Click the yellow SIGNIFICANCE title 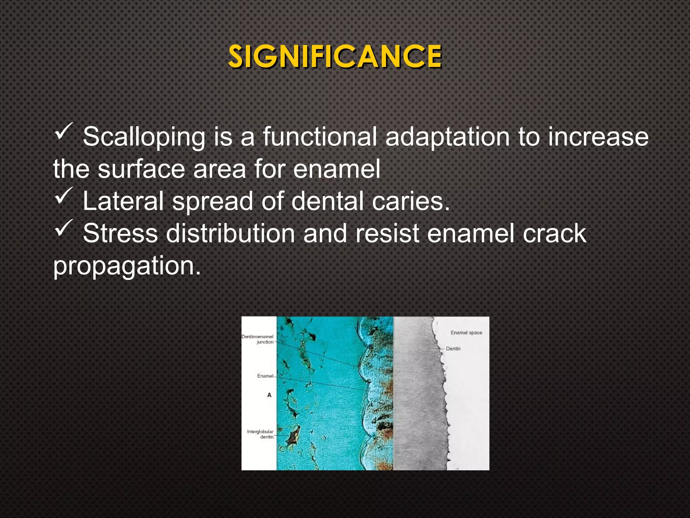pyautogui.click(x=335, y=57)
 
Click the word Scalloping pyautogui.click(x=144, y=137)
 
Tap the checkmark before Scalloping pyautogui.click(x=63, y=132)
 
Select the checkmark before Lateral pyautogui.click(x=63, y=196)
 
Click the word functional pyautogui.click(x=320, y=137)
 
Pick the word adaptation pyautogui.click(x=447, y=137)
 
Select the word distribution pyautogui.click(x=230, y=233)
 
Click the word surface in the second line pyautogui.click(x=142, y=169)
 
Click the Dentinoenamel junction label pyautogui.click(x=258, y=339)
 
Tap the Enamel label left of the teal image pyautogui.click(x=265, y=376)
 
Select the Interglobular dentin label pyautogui.click(x=260, y=434)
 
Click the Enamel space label pyautogui.click(x=466, y=333)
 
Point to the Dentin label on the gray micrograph pyautogui.click(x=453, y=349)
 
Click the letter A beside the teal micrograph pyautogui.click(x=269, y=395)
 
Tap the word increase pyautogui.click(x=598, y=137)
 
